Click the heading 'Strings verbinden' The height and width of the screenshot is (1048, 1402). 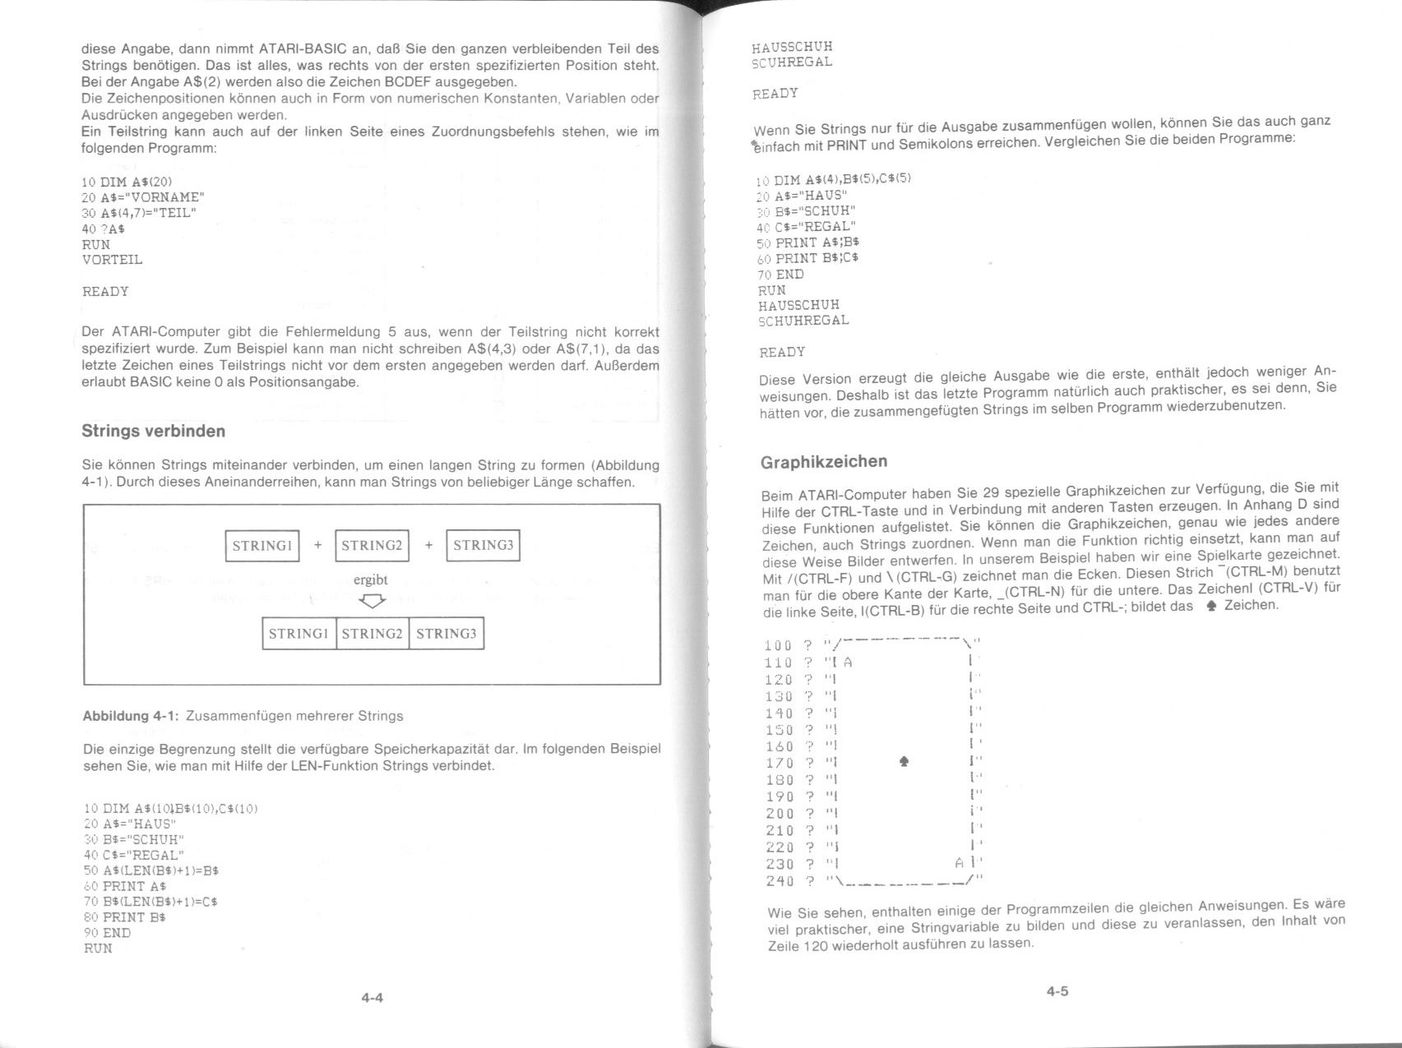tap(153, 432)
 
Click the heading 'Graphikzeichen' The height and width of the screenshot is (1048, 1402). tap(824, 462)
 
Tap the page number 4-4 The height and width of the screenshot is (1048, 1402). tap(372, 998)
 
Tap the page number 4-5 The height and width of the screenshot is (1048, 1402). tap(1057, 991)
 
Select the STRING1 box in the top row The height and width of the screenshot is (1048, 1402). tap(262, 546)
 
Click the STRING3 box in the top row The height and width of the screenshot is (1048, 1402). tap(483, 546)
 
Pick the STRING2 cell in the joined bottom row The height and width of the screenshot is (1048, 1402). tap(372, 634)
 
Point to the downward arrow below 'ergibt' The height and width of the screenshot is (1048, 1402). tap(372, 602)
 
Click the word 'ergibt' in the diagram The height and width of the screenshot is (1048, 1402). tap(370, 579)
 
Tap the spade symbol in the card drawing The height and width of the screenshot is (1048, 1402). tap(905, 763)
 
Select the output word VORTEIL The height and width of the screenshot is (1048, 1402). tap(112, 260)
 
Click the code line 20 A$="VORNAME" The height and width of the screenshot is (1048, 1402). tap(143, 197)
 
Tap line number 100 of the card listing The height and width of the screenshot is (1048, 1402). tap(778, 646)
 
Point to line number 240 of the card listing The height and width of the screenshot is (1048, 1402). tap(780, 881)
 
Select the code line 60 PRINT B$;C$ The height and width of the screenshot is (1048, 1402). tap(808, 258)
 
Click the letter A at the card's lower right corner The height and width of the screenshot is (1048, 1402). tap(959, 864)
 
